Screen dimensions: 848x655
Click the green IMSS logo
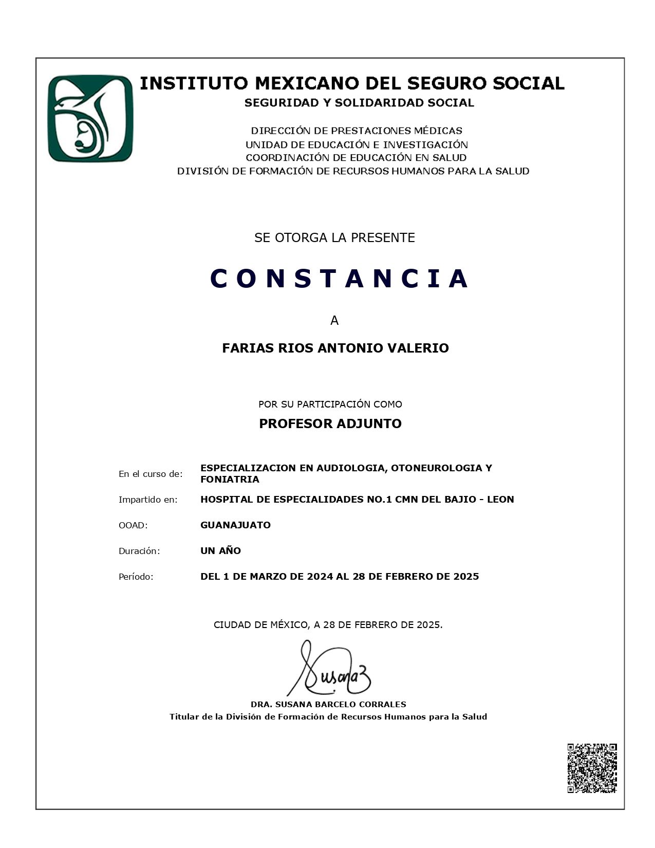90,119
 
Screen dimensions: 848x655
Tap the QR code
592,768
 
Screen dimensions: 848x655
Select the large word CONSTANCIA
339,279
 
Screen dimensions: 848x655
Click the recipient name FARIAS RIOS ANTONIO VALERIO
335,348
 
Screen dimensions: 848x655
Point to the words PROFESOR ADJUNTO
330,423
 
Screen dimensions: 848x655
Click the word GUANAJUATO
235,525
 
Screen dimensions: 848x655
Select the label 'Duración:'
139,551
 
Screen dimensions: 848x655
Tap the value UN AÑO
220,550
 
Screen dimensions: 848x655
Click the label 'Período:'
136,577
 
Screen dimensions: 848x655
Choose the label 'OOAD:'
133,525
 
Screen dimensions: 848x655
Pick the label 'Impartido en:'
148,500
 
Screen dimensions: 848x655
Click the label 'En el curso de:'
151,474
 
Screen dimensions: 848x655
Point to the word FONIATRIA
230,480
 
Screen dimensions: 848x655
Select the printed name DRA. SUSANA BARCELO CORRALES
328,704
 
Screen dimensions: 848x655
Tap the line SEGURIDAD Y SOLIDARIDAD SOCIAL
359,103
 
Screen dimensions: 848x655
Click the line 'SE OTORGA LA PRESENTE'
334,237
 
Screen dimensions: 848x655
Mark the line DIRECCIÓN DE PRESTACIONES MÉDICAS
357,131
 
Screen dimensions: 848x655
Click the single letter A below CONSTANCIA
334,321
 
